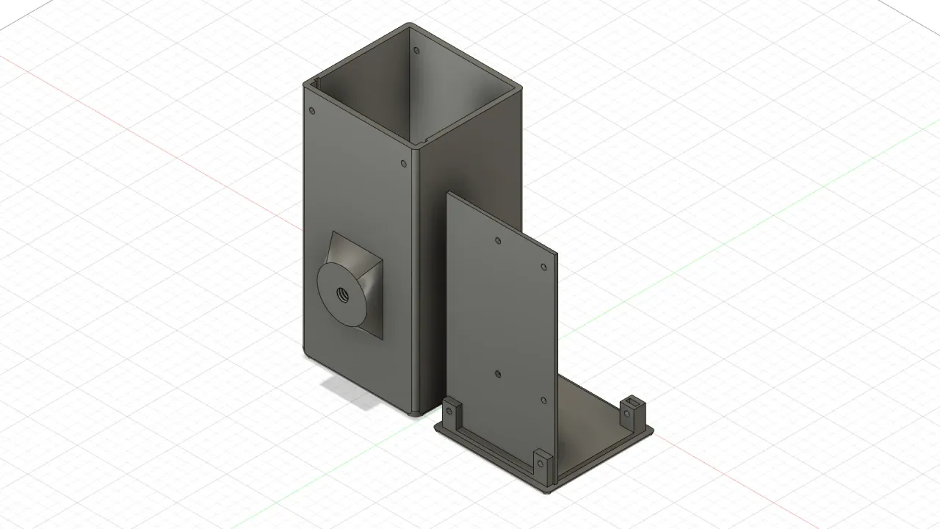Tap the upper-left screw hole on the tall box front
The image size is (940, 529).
[x=313, y=111]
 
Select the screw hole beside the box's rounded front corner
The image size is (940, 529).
[x=404, y=164]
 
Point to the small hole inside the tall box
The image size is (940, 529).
[x=416, y=51]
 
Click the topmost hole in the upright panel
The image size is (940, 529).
[x=498, y=240]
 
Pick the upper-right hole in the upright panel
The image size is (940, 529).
[x=543, y=267]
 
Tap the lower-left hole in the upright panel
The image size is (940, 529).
[x=498, y=374]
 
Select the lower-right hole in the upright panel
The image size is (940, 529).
[x=543, y=400]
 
